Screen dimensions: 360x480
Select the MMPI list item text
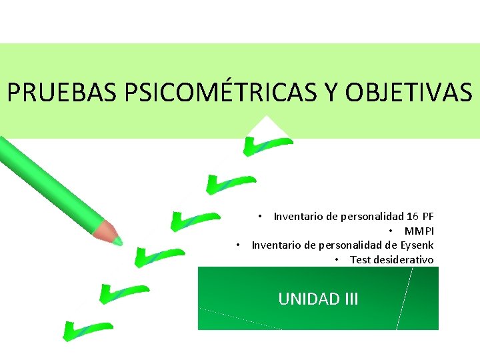pos(419,231)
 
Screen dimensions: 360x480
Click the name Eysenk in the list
pos(417,245)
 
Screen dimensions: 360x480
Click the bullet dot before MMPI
pos(392,231)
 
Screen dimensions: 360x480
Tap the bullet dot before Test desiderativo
pos(338,260)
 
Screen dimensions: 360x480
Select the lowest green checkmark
pos(85,329)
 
